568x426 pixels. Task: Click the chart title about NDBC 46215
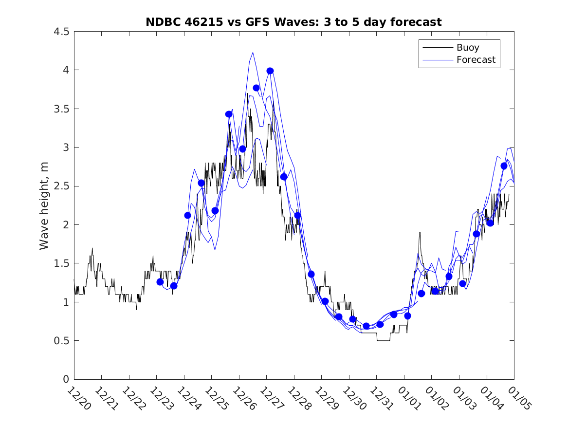click(x=293, y=22)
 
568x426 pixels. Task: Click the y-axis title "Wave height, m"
click(x=44, y=205)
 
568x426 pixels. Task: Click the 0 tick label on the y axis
click(x=66, y=379)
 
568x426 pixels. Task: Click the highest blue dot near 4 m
click(x=270, y=71)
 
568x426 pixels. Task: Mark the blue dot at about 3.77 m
click(x=257, y=88)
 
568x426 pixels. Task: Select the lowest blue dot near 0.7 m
click(x=366, y=326)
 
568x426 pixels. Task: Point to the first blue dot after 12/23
click(x=160, y=282)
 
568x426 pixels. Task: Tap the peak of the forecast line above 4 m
click(x=253, y=53)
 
